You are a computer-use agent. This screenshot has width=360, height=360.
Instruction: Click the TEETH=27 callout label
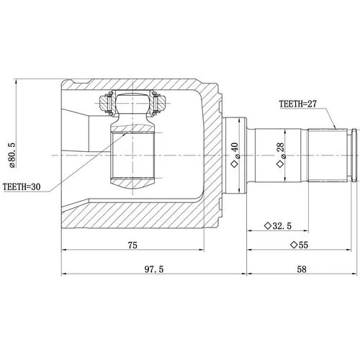[x=297, y=104]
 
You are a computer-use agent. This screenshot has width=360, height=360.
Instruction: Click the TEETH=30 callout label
[x=22, y=186]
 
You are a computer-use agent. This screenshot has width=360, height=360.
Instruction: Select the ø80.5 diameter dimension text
[x=12, y=156]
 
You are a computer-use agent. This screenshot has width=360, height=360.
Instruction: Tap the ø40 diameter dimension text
[x=235, y=150]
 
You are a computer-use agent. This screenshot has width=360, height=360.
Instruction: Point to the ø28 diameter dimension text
[x=281, y=150]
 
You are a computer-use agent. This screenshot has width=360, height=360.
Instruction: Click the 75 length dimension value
[x=132, y=245]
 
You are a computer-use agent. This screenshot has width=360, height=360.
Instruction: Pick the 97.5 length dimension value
[x=154, y=269]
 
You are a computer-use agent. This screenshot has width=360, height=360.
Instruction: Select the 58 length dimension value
[x=302, y=269]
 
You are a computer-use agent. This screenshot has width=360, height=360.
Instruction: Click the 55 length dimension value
[x=303, y=245]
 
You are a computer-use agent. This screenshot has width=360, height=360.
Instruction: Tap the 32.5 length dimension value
[x=282, y=226]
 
